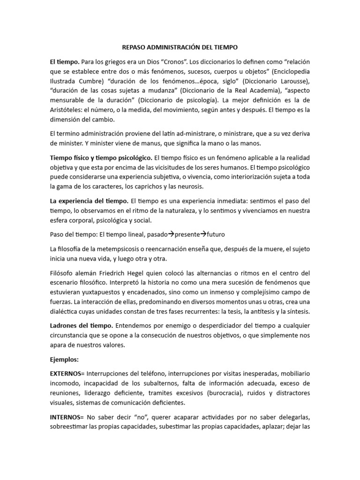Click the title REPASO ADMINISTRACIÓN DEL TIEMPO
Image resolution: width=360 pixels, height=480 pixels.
180,47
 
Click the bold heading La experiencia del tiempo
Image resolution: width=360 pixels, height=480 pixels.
89,201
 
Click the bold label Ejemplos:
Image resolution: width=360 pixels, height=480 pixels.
66,359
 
